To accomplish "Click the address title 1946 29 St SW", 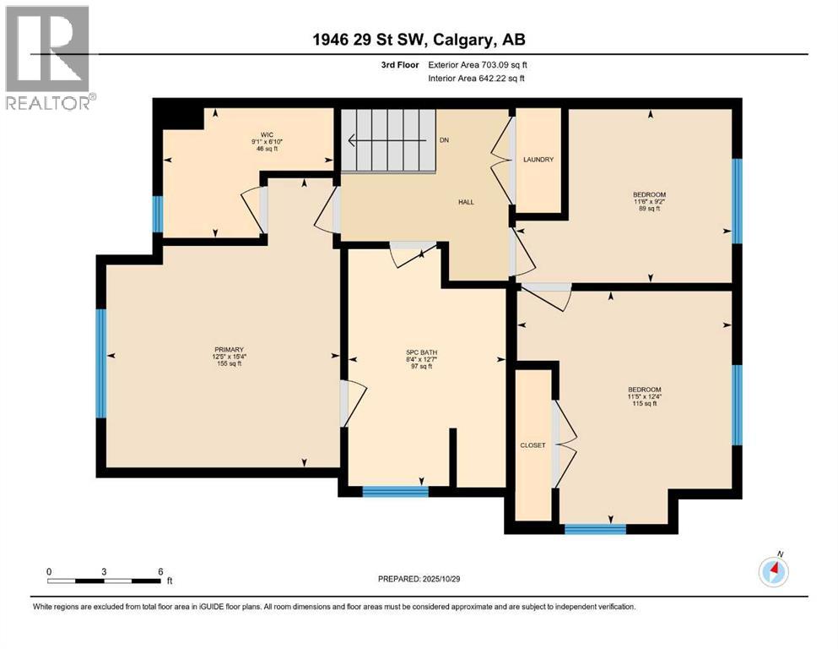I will [x=419, y=40].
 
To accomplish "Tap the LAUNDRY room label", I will [x=538, y=160].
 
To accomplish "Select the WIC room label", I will [x=268, y=134].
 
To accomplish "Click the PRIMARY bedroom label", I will [x=228, y=350].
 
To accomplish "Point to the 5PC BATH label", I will [x=423, y=352].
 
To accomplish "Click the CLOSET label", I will [x=533, y=445].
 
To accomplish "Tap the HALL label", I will [x=465, y=203].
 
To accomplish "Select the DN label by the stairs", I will [x=444, y=139].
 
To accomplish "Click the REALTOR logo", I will [x=47, y=57].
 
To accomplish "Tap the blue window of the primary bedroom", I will [x=101, y=363].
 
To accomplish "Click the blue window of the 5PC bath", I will [x=395, y=491].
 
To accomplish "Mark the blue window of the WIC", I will [x=157, y=214].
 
